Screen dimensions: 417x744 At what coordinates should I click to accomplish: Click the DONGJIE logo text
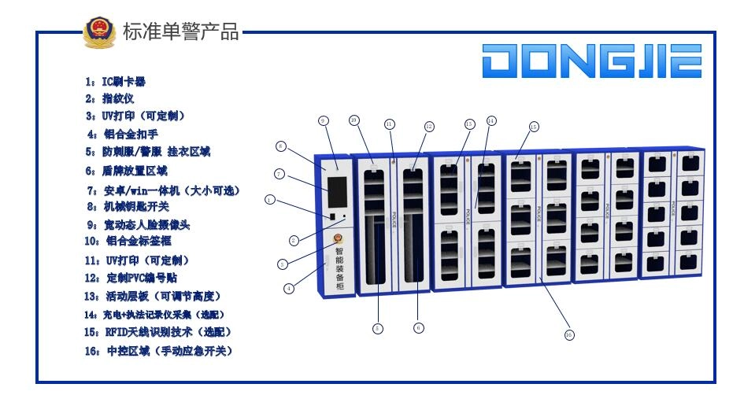(x=592, y=61)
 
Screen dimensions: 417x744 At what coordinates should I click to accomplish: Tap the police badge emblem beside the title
(x=100, y=32)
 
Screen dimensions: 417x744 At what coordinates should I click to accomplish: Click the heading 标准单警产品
(x=180, y=32)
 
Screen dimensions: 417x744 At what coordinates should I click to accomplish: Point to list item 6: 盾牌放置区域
(x=126, y=171)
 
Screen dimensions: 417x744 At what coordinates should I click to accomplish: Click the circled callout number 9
(x=323, y=120)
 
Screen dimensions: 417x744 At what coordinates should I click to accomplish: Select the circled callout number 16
(x=569, y=334)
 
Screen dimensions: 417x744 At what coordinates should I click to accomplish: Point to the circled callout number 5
(x=378, y=327)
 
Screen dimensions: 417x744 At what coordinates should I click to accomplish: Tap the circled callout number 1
(x=270, y=200)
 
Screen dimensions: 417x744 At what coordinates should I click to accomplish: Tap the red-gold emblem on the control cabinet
(x=339, y=239)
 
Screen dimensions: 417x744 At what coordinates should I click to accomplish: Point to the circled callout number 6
(x=419, y=327)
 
